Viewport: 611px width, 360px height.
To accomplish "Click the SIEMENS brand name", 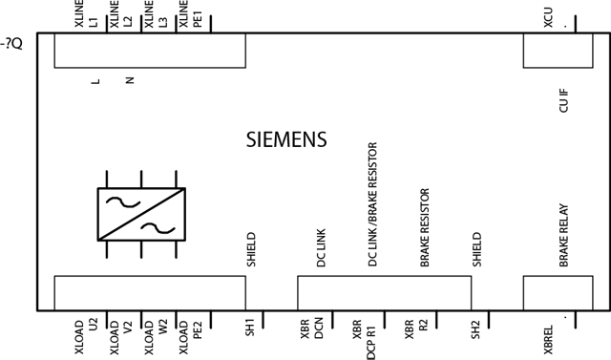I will [x=286, y=139].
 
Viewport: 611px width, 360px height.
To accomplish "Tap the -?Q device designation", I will [x=12, y=43].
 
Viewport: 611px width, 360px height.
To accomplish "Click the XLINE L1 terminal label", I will [x=85, y=18].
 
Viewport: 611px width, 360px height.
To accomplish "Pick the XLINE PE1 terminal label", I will [x=190, y=18].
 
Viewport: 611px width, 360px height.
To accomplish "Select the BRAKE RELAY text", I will [x=563, y=245].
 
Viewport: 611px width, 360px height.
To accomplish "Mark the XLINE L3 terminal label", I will [x=155, y=18].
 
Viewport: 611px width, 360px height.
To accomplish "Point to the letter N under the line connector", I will [x=129, y=80].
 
